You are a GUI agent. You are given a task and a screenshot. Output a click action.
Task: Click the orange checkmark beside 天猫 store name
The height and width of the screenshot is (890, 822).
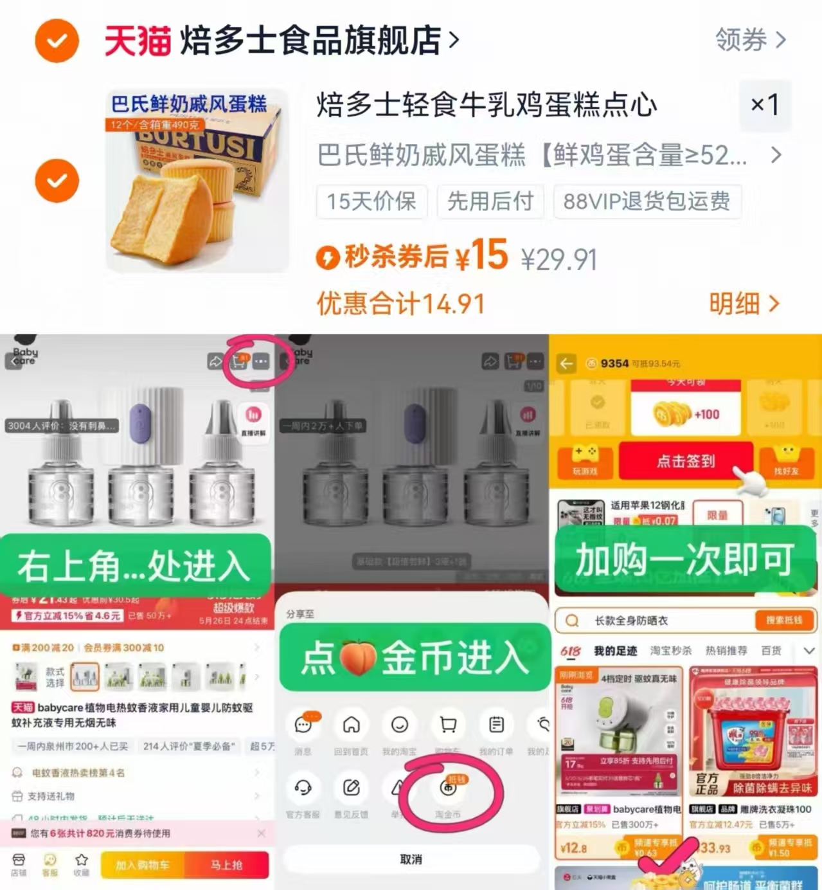point(57,41)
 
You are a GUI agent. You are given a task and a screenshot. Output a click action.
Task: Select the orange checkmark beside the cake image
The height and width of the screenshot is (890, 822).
point(57,180)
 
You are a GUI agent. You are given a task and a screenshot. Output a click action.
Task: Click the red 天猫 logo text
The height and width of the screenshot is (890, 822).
point(138,41)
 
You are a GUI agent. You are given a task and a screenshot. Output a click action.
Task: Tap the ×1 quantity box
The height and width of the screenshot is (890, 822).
point(765,104)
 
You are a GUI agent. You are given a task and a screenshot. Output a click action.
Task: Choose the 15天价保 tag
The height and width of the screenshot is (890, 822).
point(371,201)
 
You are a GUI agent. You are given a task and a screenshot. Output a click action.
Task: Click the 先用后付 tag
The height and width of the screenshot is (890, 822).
point(490,201)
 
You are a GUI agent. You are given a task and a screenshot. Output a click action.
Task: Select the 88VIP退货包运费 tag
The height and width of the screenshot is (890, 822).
point(646,201)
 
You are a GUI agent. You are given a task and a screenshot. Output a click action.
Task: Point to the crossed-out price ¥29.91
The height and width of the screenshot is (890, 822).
point(558,260)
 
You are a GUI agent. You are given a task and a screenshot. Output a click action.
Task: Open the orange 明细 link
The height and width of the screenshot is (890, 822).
point(744,304)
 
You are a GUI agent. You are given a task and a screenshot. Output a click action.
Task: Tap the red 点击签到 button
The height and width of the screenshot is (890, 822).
point(685,461)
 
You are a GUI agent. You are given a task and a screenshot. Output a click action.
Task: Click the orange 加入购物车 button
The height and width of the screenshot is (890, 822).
point(143,865)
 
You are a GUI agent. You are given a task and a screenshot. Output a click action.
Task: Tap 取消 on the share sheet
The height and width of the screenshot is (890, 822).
point(411,859)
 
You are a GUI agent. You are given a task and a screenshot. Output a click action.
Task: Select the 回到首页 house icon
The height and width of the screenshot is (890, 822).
point(351,725)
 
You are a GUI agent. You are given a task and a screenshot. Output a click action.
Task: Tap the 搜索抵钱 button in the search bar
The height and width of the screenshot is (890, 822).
point(783,620)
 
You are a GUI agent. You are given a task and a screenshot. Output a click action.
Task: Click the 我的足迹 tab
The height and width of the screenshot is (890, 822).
point(615,651)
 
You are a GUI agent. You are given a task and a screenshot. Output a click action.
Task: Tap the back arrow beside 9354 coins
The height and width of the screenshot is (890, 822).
point(566,364)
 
